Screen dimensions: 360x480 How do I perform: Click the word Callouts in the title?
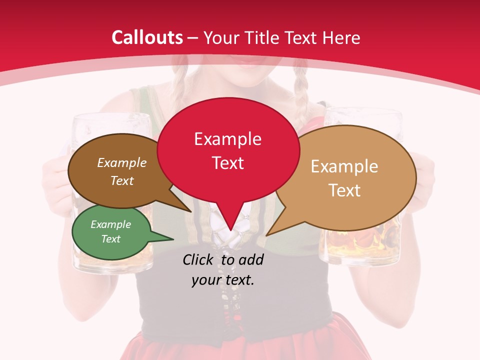click(147, 37)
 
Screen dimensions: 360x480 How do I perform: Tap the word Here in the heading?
click(340, 37)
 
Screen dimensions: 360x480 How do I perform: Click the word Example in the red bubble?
click(227, 138)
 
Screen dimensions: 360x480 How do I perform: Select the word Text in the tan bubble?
click(344, 190)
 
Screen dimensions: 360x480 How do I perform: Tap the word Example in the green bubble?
click(110, 224)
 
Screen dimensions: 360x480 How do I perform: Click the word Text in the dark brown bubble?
click(122, 180)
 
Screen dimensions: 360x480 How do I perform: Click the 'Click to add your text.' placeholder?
click(223, 269)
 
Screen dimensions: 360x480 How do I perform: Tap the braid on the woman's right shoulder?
click(300, 100)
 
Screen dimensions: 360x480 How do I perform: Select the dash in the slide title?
click(193, 37)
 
